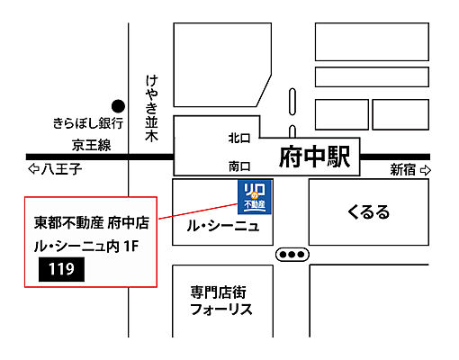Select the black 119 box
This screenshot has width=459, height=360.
click(x=61, y=268)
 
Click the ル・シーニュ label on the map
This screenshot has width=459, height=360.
click(x=222, y=226)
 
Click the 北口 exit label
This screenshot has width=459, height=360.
click(x=239, y=138)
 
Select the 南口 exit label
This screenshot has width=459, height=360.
click(x=239, y=166)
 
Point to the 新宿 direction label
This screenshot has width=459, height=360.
click(x=403, y=169)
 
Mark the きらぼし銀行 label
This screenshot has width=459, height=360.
click(x=87, y=122)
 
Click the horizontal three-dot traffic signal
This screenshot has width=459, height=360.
click(x=292, y=255)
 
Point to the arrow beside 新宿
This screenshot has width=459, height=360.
click(x=426, y=169)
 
